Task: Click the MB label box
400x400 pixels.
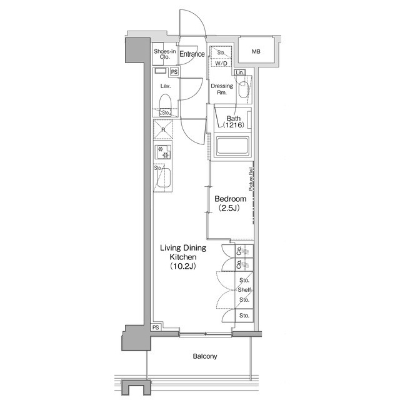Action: coord(256,51)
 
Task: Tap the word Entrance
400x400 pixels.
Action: coord(192,54)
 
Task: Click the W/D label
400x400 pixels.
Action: coord(221,64)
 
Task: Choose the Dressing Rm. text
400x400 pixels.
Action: coord(222,89)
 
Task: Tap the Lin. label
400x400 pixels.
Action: coord(241,73)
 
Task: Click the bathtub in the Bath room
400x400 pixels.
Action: coord(232,147)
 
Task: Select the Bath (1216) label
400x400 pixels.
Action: coord(233,122)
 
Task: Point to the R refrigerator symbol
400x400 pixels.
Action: coord(164,130)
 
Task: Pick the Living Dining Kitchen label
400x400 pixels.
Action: coord(184,257)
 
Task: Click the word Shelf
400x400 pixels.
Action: coord(244,290)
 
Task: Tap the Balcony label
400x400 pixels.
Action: coord(204,356)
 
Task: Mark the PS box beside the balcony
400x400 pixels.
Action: coord(156,327)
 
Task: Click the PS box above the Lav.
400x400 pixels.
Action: coord(174,72)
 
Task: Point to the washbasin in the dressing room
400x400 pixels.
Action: coord(244,89)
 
